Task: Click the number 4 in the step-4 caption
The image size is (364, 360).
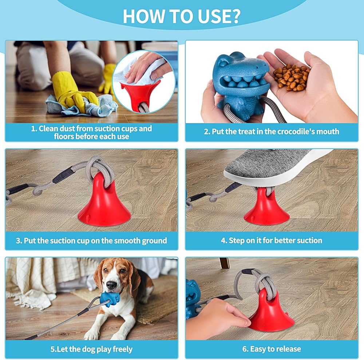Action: click(x=223, y=241)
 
